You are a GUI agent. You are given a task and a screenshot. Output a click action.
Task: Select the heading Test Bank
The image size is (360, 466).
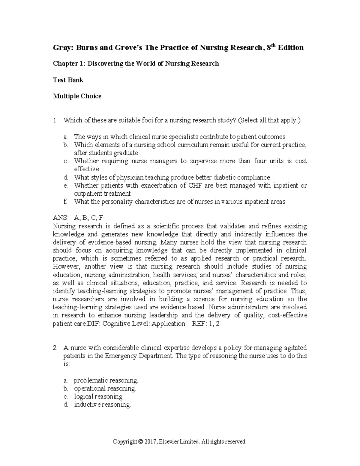68,80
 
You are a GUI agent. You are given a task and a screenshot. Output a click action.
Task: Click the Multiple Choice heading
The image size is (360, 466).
77,96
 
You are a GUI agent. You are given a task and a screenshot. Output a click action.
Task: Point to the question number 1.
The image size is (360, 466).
55,121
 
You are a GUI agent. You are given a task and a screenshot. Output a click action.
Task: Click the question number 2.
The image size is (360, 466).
55,348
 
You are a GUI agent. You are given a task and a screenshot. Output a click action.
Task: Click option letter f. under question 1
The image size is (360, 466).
65,202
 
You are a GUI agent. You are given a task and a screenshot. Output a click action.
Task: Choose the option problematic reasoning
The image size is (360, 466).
106,380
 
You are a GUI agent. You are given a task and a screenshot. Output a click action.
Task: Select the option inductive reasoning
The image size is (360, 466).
102,405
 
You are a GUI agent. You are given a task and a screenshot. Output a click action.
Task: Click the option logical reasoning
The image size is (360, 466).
99,397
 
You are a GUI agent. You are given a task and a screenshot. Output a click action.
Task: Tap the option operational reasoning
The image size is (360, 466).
105,389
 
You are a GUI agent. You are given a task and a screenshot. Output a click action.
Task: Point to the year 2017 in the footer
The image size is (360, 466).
150,442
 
